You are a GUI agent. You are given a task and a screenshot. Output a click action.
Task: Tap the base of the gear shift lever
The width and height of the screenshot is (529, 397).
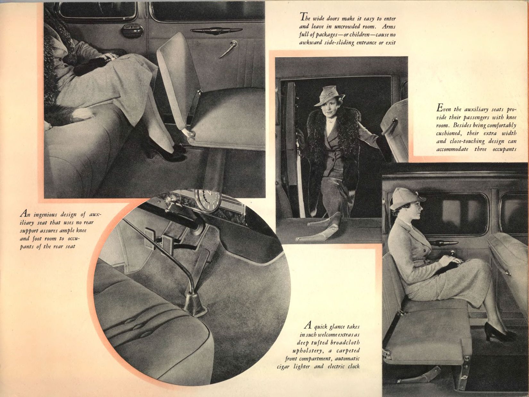pos(196,305)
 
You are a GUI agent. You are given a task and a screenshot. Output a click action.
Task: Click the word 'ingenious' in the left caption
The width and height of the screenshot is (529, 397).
pos(45,215)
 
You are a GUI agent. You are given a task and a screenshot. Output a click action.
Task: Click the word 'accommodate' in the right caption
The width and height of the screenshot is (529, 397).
pos(452,149)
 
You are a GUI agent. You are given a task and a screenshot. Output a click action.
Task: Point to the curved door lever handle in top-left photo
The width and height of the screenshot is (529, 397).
pos(228,49)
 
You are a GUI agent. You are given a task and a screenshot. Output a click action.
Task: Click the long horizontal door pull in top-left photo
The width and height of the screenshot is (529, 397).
pos(216,30)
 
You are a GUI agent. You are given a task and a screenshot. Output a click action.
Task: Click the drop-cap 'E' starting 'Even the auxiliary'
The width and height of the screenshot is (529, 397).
pos(440,108)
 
